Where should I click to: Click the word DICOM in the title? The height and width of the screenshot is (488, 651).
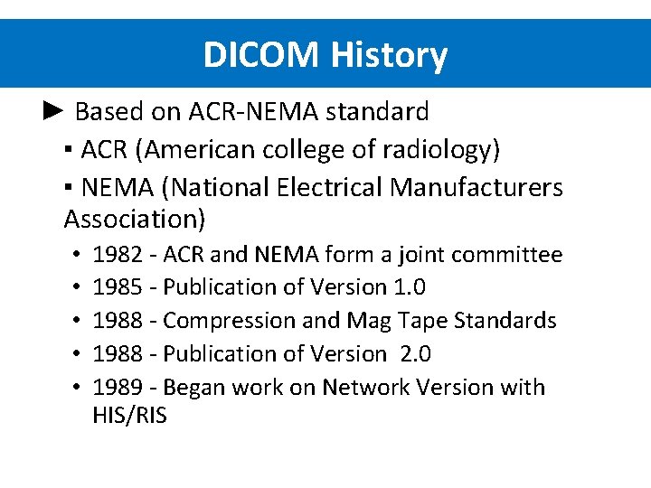click(262, 55)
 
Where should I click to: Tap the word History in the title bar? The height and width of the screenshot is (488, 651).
click(389, 55)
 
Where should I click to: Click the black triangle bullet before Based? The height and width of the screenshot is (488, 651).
click(53, 111)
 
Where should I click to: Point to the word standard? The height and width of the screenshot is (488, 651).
click(377, 112)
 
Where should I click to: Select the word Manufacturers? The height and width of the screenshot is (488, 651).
click(476, 187)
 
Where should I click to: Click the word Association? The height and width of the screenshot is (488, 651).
click(135, 219)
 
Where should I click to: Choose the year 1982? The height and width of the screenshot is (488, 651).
click(118, 255)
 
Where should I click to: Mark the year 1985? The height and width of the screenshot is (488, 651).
click(118, 287)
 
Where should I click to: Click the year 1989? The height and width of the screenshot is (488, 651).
click(118, 388)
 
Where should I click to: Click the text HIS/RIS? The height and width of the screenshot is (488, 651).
click(129, 417)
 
